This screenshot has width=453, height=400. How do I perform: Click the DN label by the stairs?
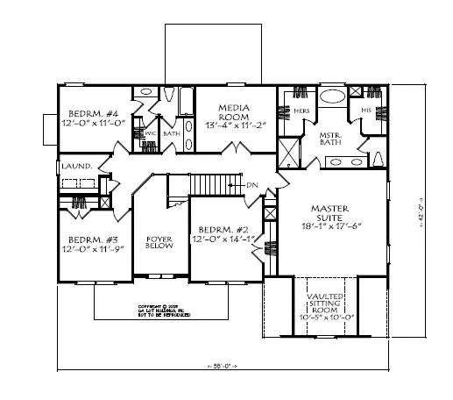252,185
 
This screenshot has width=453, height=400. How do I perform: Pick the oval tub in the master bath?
331,97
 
